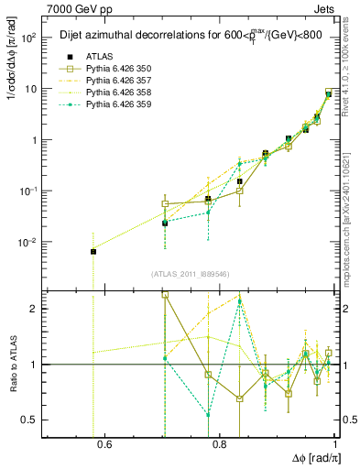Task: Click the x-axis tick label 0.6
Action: tap(104, 446)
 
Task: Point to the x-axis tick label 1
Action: tap(334, 446)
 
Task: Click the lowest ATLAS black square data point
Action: tap(93, 251)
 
